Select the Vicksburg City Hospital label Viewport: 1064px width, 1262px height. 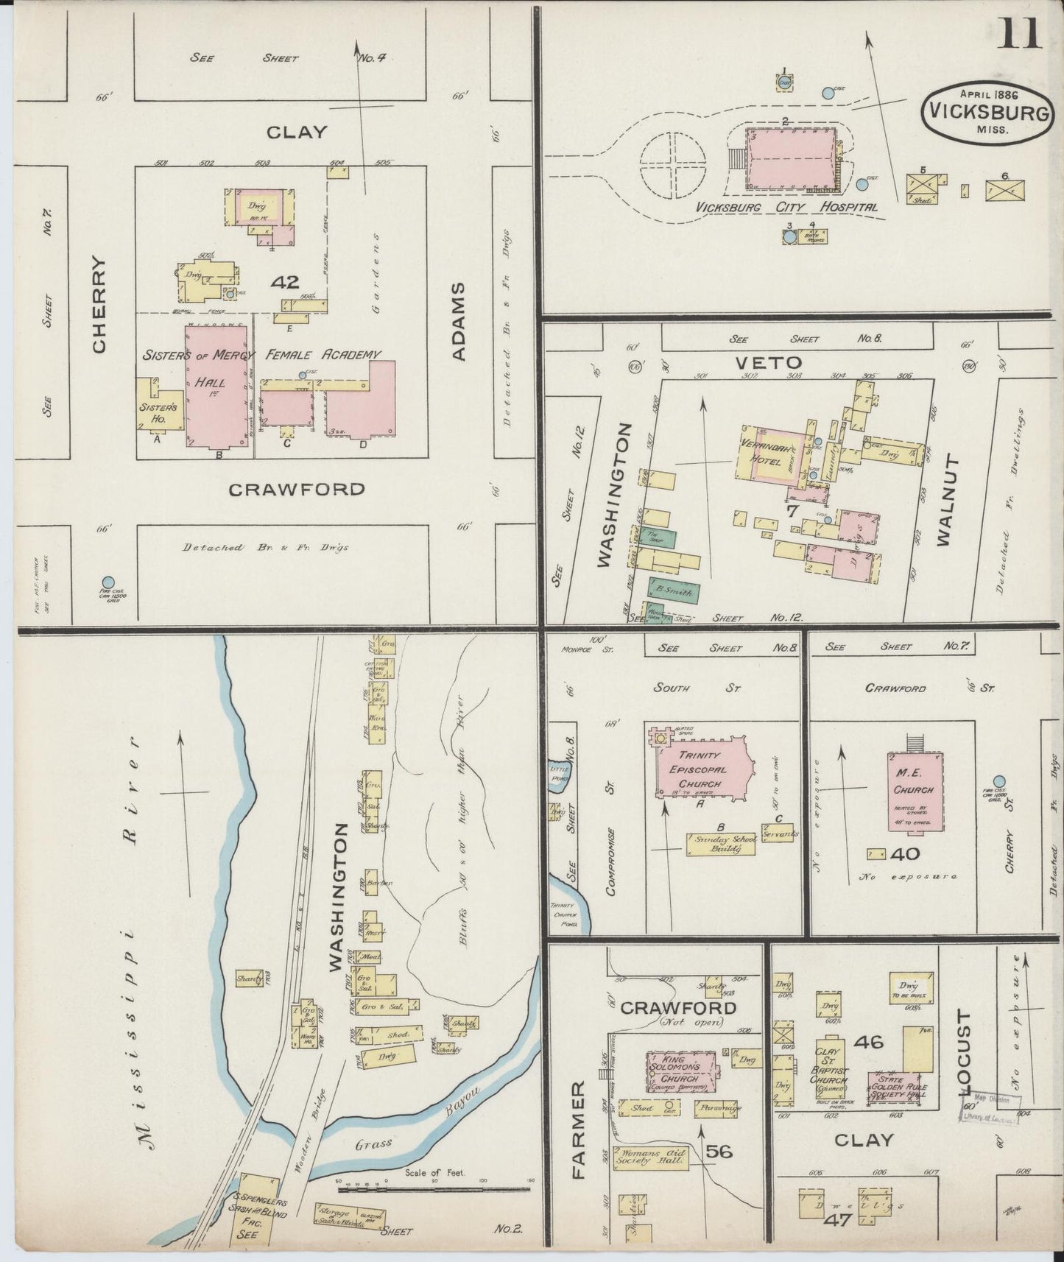787,208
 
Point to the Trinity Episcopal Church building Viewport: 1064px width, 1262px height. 703,769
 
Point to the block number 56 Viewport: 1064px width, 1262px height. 719,1151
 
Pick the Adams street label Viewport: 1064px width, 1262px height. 459,322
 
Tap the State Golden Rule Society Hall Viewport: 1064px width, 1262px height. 898,1087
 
